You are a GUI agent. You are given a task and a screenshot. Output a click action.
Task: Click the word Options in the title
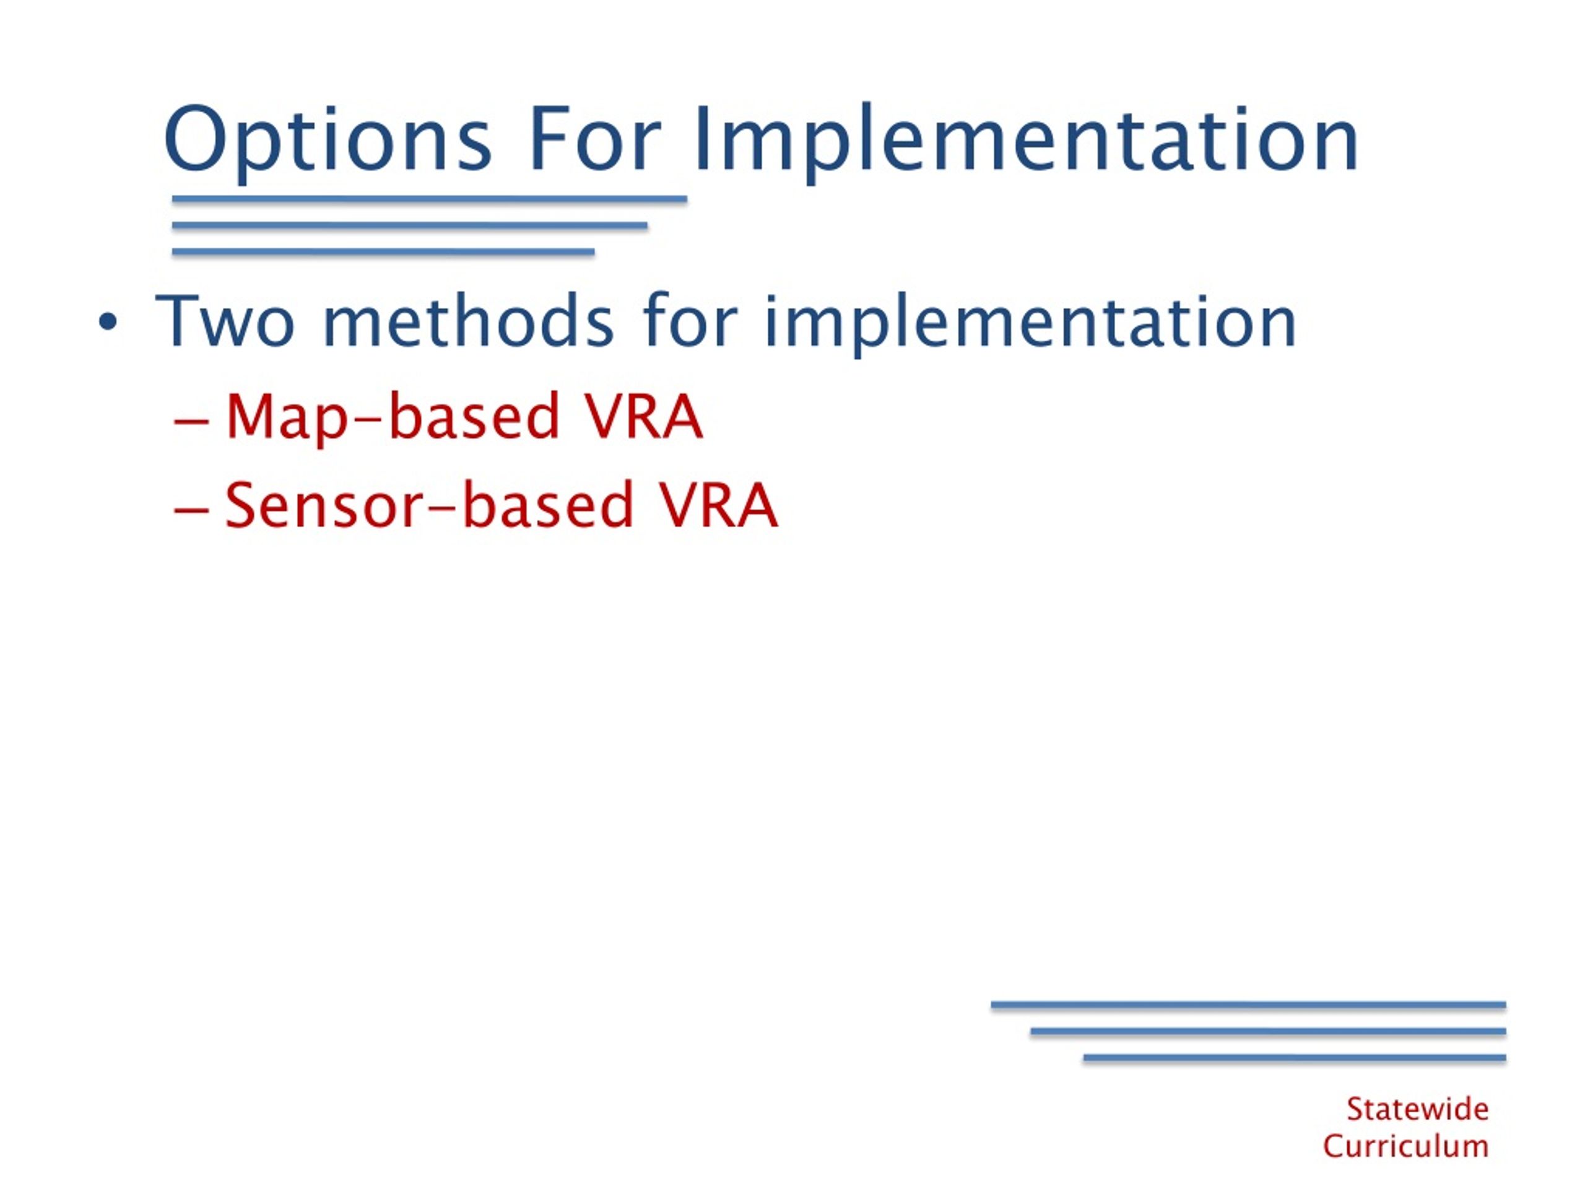coord(328,141)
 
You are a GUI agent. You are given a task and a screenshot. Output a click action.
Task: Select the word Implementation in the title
coord(1026,141)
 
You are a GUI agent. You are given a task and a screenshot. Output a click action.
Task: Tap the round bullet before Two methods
coord(108,323)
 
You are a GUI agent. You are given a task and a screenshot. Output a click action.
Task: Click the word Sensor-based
coord(429,505)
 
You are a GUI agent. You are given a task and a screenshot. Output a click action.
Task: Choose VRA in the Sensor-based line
coord(719,505)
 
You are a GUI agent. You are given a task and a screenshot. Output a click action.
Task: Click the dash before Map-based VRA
coord(191,422)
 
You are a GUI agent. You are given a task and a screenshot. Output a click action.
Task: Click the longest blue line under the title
coord(430,199)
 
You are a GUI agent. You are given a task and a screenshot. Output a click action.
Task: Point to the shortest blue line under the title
coord(383,251)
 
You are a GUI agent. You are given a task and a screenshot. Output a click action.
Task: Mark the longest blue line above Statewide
coord(1248,1006)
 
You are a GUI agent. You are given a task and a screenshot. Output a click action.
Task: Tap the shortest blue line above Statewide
coord(1295,1058)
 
